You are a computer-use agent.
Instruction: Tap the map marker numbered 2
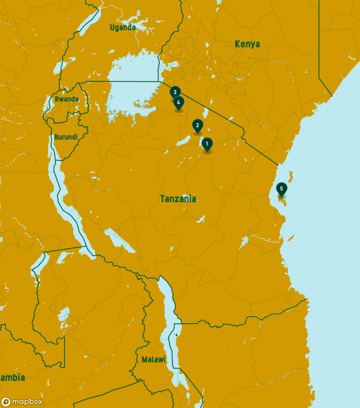(x=197, y=126)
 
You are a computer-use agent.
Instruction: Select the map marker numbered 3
(x=174, y=92)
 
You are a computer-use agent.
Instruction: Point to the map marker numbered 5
(x=281, y=189)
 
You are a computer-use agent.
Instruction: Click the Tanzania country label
(x=178, y=199)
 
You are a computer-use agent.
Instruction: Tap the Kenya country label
(x=247, y=44)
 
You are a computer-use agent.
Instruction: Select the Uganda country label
(x=122, y=27)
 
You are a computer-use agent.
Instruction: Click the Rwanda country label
(x=66, y=99)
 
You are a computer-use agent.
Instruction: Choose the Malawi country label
(x=153, y=360)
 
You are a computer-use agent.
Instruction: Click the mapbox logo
(x=22, y=402)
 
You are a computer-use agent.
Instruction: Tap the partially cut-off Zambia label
(x=12, y=378)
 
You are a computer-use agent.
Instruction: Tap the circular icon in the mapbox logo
(x=6, y=402)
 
